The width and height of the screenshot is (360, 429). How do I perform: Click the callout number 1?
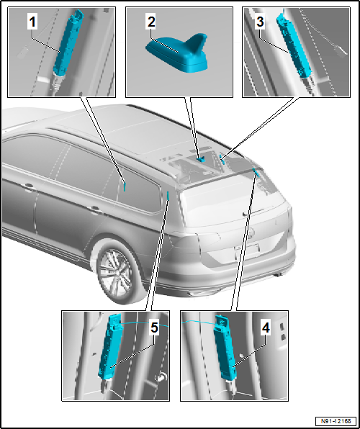pos(32,22)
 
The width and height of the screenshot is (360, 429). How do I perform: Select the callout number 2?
pos(151,22)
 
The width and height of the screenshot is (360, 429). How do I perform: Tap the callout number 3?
pos(260,22)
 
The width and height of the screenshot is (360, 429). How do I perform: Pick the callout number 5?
pos(154,328)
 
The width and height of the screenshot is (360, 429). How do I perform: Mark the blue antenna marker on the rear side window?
pos(125,186)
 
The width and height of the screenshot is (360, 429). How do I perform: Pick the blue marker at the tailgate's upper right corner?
pos(257,171)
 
